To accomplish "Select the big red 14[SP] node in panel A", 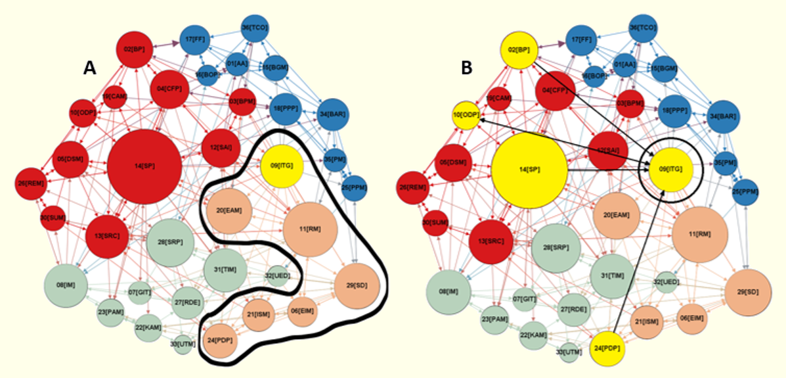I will coord(144,166).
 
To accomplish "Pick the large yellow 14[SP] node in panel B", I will coord(529,170).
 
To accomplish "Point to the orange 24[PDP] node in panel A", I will coord(221,341).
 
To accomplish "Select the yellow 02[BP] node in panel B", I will coord(519,49).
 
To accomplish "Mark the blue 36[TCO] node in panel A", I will coord(255,28).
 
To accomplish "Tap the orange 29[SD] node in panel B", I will coord(748,292).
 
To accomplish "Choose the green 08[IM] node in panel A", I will coord(66,285).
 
